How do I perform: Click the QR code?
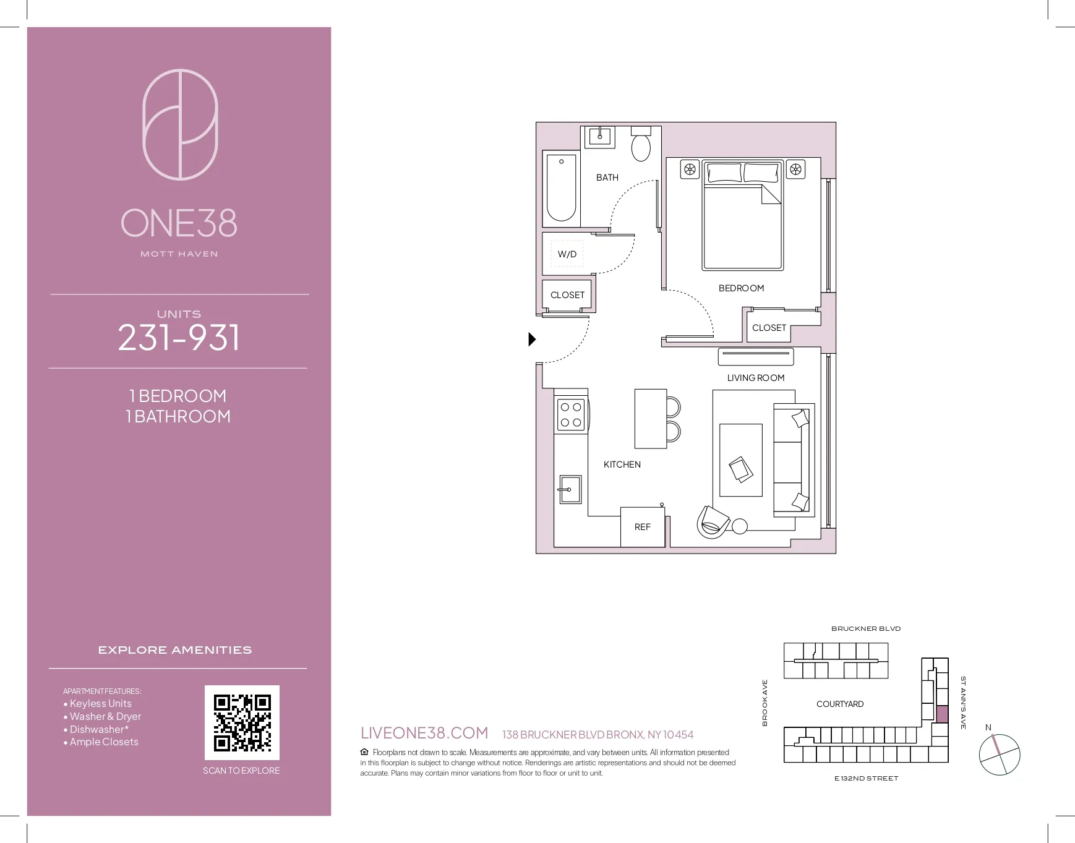tap(242, 722)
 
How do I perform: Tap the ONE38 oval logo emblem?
tap(180, 124)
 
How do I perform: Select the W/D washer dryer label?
tap(567, 254)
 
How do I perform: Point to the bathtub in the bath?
tap(562, 188)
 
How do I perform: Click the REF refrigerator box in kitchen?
tap(643, 527)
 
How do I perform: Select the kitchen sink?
tap(570, 490)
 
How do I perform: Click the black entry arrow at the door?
tap(531, 339)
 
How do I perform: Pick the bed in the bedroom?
tap(742, 216)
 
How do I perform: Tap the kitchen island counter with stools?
tap(650, 419)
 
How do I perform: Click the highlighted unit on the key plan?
tap(941, 714)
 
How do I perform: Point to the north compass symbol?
tap(999, 754)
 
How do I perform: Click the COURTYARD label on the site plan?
tap(839, 704)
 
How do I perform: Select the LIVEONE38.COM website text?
tap(424, 733)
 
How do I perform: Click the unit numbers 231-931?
tap(179, 338)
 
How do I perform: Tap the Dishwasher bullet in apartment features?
tap(99, 729)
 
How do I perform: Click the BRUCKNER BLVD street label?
tap(865, 628)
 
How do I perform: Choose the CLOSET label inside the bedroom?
tap(769, 328)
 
